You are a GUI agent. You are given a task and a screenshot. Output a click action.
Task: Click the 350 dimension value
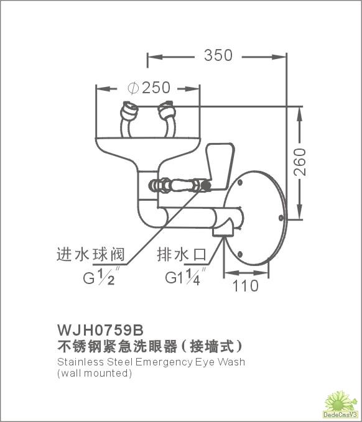[218, 55]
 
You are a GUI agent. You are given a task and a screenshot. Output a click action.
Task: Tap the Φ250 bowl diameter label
[149, 88]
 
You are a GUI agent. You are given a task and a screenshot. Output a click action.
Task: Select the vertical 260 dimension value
[300, 162]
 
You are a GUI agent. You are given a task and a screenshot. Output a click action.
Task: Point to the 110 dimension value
[245, 286]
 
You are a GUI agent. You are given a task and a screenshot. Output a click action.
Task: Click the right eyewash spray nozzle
[167, 110]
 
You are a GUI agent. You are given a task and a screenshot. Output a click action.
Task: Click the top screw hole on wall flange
[240, 183]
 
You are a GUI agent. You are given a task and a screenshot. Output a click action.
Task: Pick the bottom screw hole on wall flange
[240, 254]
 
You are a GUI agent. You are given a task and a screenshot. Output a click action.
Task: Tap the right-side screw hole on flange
[281, 218]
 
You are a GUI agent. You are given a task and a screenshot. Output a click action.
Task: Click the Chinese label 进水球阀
[91, 254]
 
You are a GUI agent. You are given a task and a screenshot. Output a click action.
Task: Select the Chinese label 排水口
[182, 254]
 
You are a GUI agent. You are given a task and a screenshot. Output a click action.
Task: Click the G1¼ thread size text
[185, 276]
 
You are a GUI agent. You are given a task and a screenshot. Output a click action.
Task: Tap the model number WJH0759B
[101, 329]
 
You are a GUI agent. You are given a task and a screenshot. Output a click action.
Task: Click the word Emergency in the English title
[164, 362]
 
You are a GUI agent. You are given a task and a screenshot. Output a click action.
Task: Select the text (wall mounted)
[95, 374]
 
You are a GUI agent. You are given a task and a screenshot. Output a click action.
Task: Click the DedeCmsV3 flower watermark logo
[341, 405]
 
